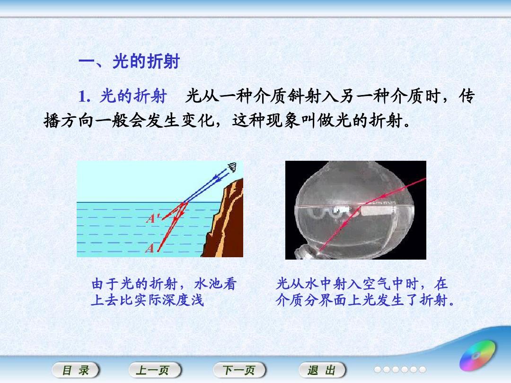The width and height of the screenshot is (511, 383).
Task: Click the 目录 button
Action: (x=76, y=370)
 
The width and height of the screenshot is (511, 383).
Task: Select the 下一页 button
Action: (x=239, y=370)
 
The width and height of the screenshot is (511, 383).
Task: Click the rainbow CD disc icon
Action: (x=477, y=355)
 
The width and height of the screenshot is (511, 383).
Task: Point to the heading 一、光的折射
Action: (x=129, y=61)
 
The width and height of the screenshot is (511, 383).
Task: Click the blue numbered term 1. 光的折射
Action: (x=123, y=96)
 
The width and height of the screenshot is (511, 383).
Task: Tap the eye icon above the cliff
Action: (x=232, y=167)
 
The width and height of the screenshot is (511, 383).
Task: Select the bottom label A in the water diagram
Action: (x=150, y=248)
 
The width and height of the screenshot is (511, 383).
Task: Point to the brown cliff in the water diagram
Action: (x=225, y=221)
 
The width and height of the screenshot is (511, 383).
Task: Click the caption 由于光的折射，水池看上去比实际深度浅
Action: (x=164, y=292)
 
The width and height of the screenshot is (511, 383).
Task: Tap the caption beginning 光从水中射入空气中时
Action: (x=365, y=292)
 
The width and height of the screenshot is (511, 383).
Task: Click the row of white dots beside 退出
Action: (x=400, y=369)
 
